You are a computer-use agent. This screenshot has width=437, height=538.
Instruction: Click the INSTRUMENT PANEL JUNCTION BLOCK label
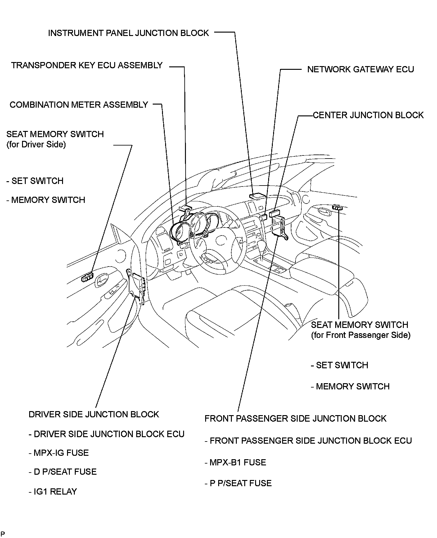(128, 33)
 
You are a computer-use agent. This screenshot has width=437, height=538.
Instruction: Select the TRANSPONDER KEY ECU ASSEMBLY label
(87, 65)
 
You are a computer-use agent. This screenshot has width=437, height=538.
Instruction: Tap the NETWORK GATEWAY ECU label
(360, 69)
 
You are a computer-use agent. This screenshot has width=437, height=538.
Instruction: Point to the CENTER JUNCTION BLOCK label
(368, 115)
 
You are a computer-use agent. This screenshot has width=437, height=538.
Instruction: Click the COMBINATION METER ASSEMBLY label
(79, 105)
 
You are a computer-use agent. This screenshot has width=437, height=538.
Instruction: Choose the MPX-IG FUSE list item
(59, 453)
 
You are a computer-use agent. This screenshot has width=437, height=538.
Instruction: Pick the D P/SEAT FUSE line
(62, 472)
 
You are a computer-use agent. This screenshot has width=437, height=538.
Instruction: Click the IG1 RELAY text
(52, 491)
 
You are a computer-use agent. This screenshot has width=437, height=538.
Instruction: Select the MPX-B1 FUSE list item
(235, 462)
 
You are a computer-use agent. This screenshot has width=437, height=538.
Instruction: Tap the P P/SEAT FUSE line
(238, 483)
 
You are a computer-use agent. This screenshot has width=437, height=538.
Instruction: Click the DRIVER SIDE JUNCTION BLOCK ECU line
(106, 434)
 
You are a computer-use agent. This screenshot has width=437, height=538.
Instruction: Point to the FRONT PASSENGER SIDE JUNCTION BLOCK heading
(295, 418)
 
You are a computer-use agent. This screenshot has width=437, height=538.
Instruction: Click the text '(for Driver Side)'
(36, 145)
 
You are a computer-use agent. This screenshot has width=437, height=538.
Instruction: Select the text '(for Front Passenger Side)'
(361, 335)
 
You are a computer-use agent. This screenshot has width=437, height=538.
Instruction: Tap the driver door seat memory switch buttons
(88, 276)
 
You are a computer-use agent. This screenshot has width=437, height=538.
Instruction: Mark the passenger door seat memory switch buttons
(337, 207)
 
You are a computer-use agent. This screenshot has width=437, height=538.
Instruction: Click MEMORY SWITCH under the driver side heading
(46, 200)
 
